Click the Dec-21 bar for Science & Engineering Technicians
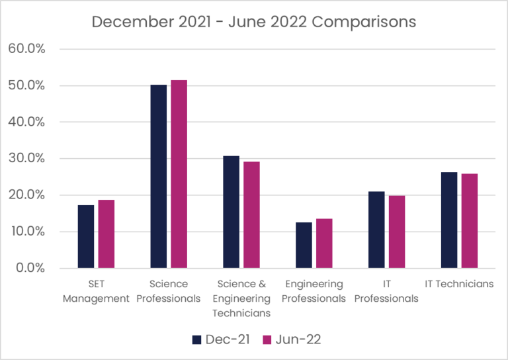click(231, 212)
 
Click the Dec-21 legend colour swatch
click(196, 339)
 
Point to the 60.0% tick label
click(26, 49)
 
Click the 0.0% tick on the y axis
click(29, 268)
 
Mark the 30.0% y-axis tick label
click(26, 159)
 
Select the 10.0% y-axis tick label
click(26, 232)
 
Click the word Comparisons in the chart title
click(364, 22)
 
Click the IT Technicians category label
click(459, 284)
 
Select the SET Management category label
click(96, 291)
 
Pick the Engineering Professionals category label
click(314, 291)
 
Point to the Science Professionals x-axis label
click(169, 291)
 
